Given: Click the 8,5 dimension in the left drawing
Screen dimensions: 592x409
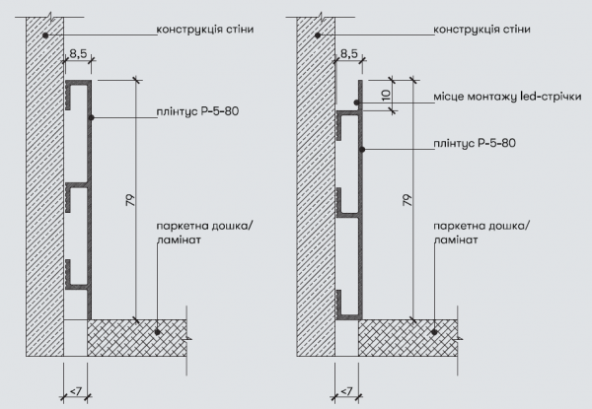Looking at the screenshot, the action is click(x=78, y=54).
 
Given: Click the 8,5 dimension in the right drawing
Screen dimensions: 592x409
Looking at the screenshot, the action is click(x=349, y=54).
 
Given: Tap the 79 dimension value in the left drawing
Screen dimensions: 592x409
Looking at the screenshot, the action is click(x=130, y=200).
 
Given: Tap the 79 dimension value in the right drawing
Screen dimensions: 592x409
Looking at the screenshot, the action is click(x=407, y=200).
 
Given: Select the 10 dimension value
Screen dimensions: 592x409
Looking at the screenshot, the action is click(x=386, y=96).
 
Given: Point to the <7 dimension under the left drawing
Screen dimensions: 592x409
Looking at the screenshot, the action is click(x=76, y=391).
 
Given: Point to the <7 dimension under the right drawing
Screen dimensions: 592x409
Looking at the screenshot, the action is click(x=346, y=391).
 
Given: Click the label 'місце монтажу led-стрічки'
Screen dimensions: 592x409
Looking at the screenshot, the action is click(x=507, y=97).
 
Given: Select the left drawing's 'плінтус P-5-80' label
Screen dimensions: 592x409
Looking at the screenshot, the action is click(x=197, y=111).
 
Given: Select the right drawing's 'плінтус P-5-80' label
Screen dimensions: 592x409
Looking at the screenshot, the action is click(x=475, y=143).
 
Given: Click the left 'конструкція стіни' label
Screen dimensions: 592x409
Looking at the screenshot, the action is click(x=205, y=30).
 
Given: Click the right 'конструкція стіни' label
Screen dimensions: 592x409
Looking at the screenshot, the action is click(x=481, y=30).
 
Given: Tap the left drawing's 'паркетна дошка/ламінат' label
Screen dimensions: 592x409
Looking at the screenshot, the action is click(x=205, y=233).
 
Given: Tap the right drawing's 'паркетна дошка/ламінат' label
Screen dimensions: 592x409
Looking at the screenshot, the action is click(x=481, y=233).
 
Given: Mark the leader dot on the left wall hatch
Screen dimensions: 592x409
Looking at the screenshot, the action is click(x=45, y=35).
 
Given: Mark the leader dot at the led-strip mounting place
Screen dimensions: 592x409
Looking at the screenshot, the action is click(x=356, y=102).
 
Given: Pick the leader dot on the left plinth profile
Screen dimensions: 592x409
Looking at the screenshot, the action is click(x=91, y=117).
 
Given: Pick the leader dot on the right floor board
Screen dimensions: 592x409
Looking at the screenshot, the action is click(x=434, y=332).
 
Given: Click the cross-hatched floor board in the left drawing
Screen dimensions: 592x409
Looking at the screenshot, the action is click(x=137, y=338).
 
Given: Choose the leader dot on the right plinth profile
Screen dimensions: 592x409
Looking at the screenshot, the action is click(x=362, y=149).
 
